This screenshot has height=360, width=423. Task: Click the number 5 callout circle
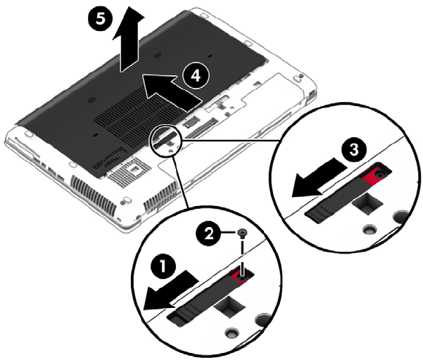coord(101,20)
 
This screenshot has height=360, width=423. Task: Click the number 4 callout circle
coord(196,75)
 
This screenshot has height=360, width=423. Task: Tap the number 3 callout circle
coord(354,150)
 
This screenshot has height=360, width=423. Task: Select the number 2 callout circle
coord(209,233)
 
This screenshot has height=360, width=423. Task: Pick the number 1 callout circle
coord(164,266)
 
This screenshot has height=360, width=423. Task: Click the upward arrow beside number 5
coord(128,39)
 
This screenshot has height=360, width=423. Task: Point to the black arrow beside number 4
coord(172,92)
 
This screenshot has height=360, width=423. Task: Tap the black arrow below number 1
coord(170,291)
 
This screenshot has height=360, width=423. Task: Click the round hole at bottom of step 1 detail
coord(232,333)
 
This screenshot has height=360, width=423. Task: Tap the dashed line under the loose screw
coord(243,255)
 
